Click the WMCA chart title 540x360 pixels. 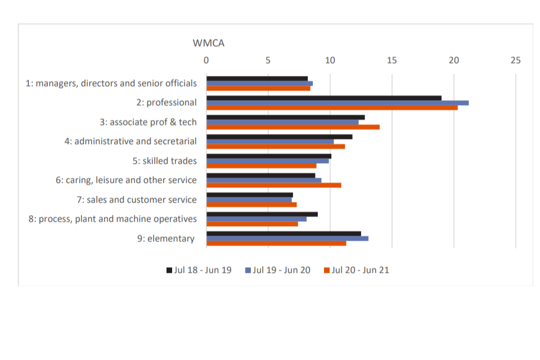coord(209,43)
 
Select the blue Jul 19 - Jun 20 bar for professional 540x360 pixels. coord(337,102)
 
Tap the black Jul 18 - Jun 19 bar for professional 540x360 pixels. coord(324,98)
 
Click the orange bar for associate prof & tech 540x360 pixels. coord(293,127)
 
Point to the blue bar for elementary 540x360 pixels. coord(287,238)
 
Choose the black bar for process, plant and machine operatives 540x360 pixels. coord(262,214)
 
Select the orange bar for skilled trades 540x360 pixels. coord(262,166)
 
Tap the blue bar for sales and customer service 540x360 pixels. coord(249,200)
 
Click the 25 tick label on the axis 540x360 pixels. coord(515,60)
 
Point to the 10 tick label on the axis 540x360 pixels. coord(330,60)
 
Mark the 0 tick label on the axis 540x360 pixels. coord(206,60)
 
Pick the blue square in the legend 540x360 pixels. coord(248,271)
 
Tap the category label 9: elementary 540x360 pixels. coord(166,238)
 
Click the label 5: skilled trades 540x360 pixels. coord(165,161)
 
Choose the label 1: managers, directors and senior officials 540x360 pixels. coord(111,83)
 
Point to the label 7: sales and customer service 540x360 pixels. coord(137,200)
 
